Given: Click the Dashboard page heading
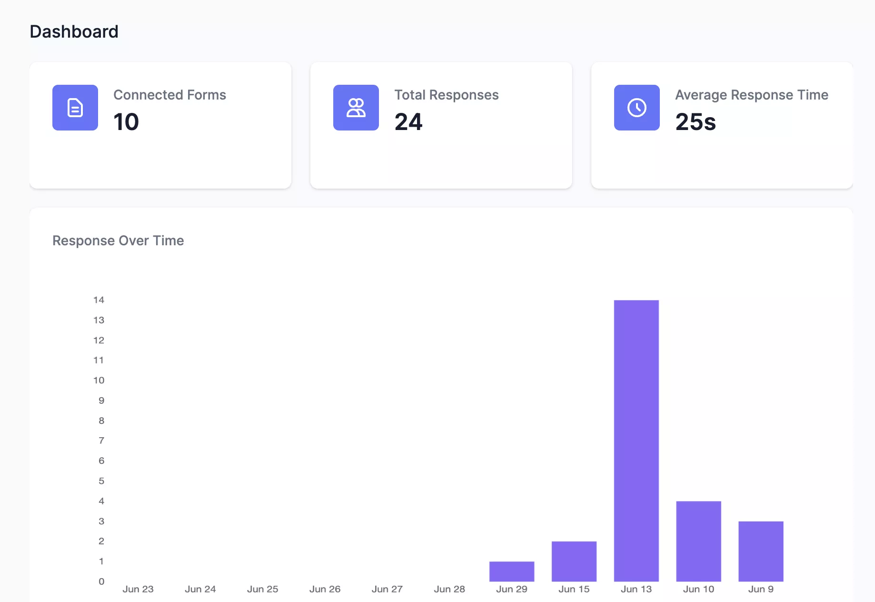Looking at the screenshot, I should [74, 32].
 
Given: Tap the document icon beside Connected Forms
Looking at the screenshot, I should [75, 108].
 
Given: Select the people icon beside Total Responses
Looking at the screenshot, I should [356, 108].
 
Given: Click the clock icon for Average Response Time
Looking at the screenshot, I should [637, 108].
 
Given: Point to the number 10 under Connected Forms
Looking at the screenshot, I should [126, 122].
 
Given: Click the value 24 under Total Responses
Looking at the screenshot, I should [408, 122].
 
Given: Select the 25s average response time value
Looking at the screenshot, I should [696, 122].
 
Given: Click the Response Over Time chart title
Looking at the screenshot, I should [118, 241].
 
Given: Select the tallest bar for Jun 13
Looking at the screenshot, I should [636, 441].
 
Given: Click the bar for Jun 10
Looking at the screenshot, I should [698, 541].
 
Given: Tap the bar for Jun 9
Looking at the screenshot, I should [761, 551].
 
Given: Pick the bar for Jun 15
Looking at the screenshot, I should [574, 561].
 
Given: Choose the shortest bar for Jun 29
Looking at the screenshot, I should [512, 571].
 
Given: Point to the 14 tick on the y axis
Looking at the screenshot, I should [99, 300].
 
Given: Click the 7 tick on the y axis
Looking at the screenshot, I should [101, 441].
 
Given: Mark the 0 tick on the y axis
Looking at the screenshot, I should [101, 581].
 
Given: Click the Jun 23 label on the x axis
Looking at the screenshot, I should [138, 589].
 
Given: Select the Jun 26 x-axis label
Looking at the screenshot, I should [325, 589].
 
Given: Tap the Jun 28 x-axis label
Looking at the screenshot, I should [449, 589].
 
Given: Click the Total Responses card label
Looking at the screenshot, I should [446, 95].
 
